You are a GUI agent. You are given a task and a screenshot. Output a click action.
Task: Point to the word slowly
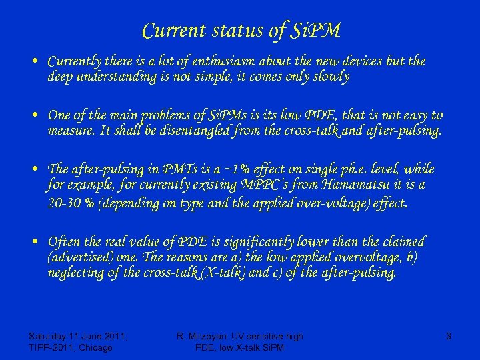pos(327,77)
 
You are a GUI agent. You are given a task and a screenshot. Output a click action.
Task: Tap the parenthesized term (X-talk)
pos(228,273)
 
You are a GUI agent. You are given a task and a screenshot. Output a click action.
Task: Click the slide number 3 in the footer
pos(449,337)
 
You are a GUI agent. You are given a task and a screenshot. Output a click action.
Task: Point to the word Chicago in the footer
pos(97,347)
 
